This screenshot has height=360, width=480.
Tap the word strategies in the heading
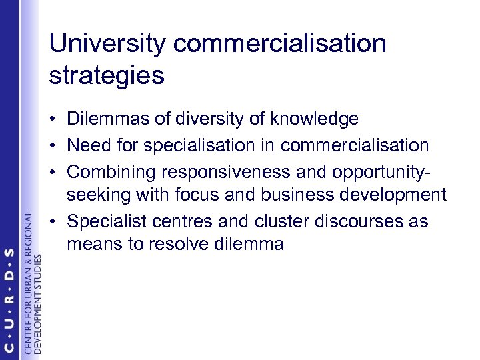point(107,75)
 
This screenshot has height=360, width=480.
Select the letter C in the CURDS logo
point(10,343)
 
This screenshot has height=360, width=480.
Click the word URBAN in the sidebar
point(27,267)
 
